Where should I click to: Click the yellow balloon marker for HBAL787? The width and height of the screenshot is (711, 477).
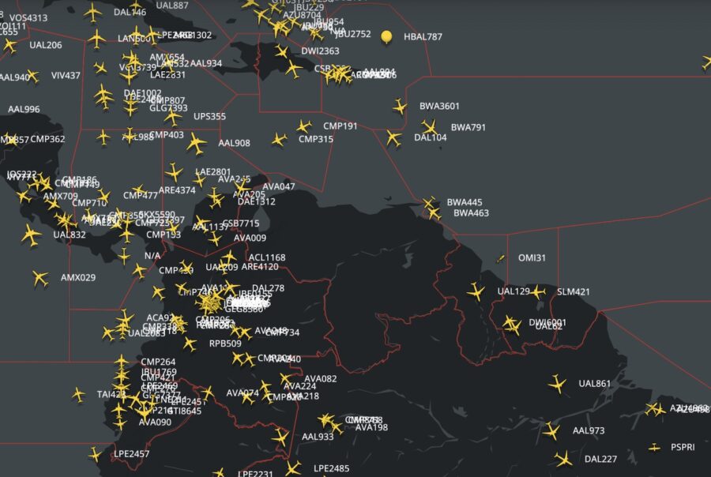pos(386,36)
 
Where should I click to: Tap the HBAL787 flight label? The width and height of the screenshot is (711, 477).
pos(423,37)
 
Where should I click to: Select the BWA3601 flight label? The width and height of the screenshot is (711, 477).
pos(439,106)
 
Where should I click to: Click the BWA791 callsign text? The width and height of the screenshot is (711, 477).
pos(468,127)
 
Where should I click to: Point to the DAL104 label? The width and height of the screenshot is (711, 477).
pos(431,137)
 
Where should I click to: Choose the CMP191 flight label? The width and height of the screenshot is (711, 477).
pos(340,126)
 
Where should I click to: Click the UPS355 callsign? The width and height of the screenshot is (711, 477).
pos(210,117)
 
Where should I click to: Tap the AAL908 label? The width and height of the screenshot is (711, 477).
pos(234,144)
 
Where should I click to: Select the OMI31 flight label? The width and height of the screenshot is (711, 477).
pos(532,258)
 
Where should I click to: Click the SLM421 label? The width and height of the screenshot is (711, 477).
pos(574,292)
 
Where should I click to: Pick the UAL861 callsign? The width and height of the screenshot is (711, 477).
pos(595,385)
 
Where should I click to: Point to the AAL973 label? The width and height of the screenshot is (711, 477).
pos(589,431)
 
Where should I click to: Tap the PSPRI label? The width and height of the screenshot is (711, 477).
pos(683,448)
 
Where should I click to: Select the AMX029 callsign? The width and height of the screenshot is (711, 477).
pos(78,278)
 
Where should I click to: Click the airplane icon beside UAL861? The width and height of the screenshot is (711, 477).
pos(557,385)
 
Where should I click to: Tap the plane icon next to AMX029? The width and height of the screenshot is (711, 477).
pos(39,278)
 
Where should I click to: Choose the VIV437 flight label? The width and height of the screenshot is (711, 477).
pos(66,76)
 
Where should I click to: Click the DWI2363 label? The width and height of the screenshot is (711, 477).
pos(320,51)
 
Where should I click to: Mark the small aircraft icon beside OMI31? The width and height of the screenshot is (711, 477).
pos(500,258)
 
